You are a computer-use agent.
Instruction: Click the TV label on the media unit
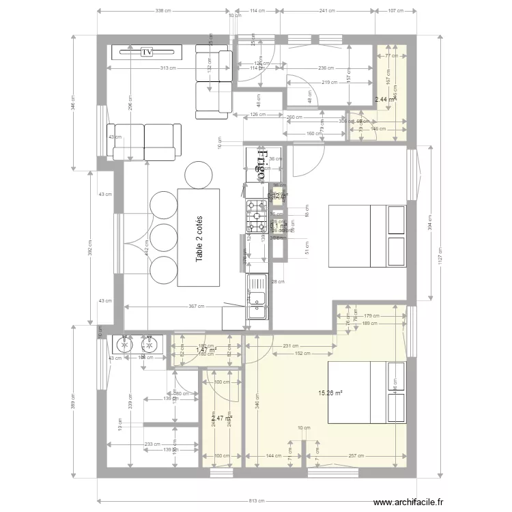click(146, 51)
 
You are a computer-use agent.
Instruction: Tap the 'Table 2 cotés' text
click(199, 238)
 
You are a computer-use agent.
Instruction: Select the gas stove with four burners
click(257, 215)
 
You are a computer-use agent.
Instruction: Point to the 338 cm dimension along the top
click(163, 11)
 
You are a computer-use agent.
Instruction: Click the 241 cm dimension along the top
click(328, 11)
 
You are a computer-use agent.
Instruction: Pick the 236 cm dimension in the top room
click(327, 68)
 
